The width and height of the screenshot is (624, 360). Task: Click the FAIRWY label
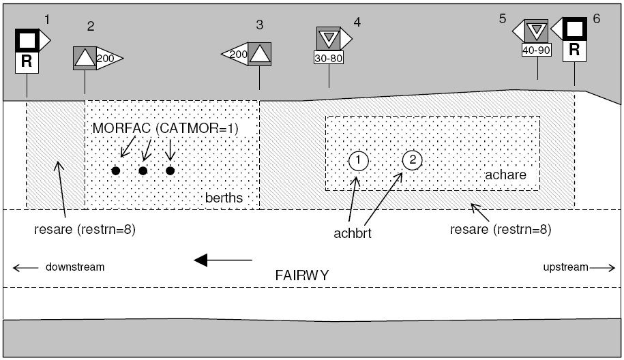[302, 275]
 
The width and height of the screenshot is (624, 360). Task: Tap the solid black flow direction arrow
[223, 260]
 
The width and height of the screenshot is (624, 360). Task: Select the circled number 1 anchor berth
[358, 161]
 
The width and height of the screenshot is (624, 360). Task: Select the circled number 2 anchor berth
[413, 160]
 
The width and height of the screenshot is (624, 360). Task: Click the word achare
[505, 175]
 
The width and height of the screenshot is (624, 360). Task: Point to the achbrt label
[352, 233]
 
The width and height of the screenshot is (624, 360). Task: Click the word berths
[224, 198]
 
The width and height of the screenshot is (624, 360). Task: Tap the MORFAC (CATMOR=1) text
[165, 128]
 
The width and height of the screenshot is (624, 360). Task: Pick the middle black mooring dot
[143, 170]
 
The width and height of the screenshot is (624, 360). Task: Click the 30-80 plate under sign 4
[328, 58]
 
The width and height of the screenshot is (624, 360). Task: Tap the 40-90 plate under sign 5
[537, 50]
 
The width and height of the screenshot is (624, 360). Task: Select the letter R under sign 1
[27, 62]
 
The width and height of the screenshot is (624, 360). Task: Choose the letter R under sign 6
[574, 50]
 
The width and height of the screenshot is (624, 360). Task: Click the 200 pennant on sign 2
[106, 59]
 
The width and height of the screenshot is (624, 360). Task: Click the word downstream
[75, 267]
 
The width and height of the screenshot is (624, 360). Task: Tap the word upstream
[565, 267]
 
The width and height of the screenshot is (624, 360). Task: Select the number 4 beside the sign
[357, 22]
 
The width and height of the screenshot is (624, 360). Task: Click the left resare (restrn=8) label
[85, 230]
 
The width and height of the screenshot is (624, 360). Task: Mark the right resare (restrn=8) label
[501, 230]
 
